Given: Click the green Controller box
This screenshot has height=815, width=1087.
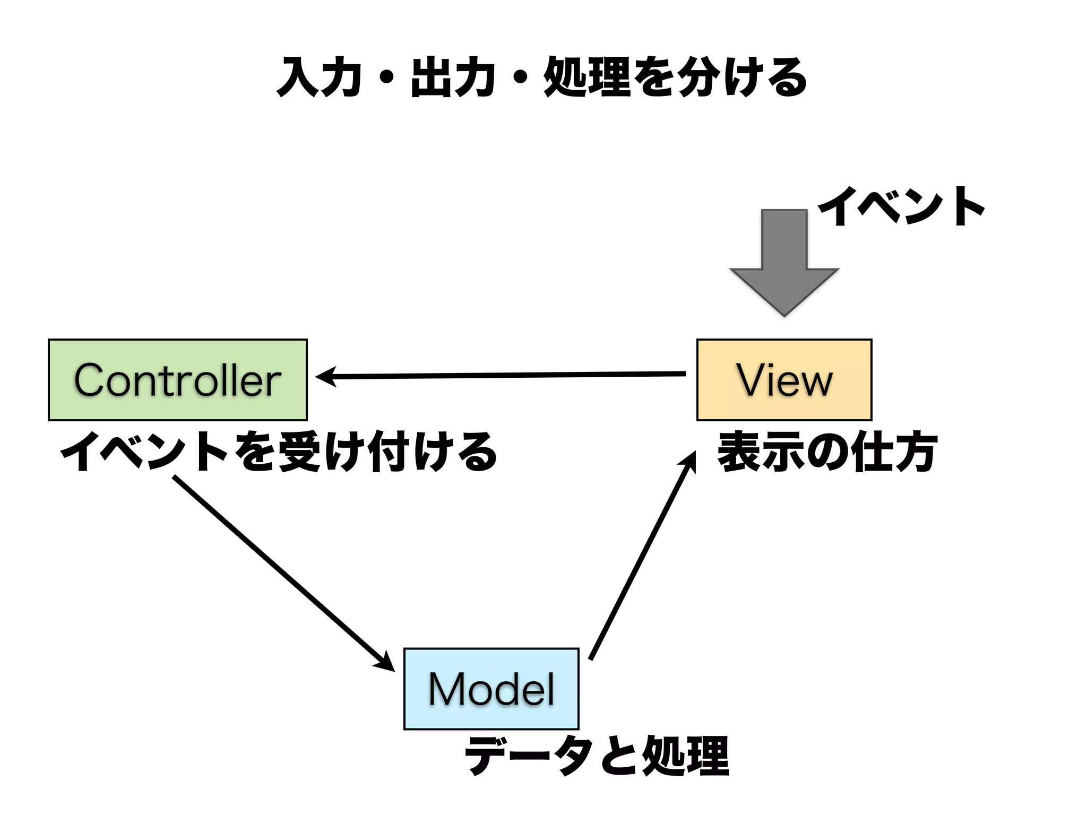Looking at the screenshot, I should [177, 380].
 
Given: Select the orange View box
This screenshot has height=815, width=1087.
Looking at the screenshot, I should [784, 380].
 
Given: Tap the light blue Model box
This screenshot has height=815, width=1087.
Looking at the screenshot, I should [491, 689].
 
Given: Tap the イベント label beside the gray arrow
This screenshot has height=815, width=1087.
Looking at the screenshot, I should [901, 207].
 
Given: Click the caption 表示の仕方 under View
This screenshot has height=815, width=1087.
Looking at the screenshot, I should [826, 452].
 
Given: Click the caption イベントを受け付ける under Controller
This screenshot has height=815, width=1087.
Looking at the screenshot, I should [279, 452].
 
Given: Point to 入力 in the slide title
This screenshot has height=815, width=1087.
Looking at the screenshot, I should [320, 78].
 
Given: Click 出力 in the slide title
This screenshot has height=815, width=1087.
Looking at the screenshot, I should [453, 78].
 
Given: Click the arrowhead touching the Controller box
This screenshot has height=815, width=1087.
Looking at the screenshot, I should [325, 377].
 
